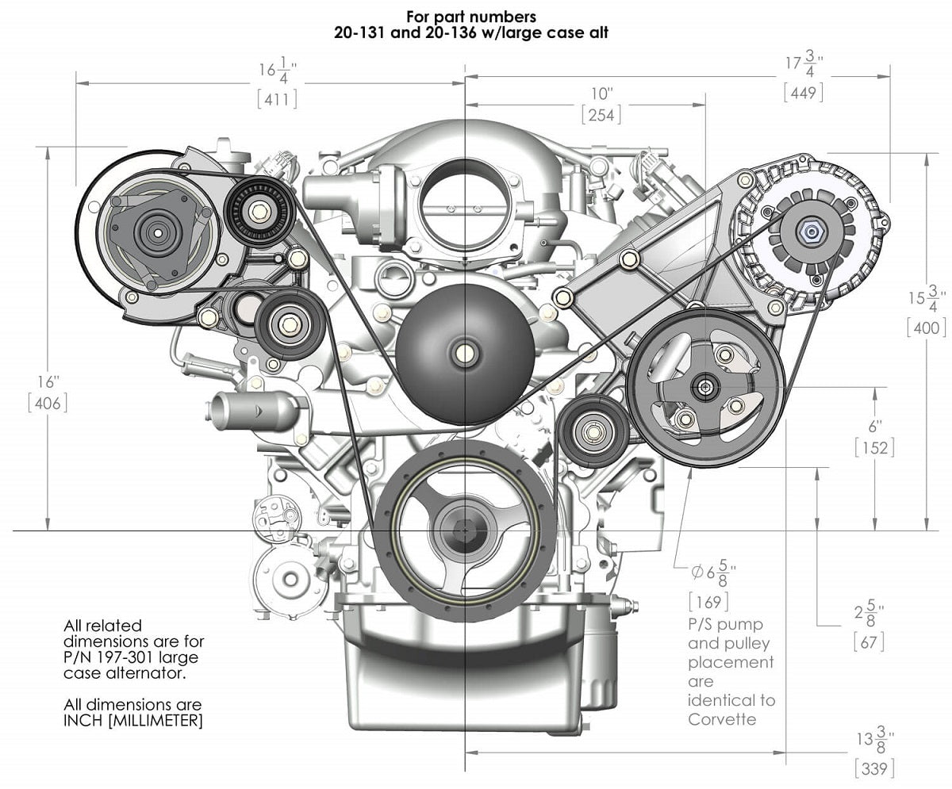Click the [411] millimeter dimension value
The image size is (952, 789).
(x=276, y=99)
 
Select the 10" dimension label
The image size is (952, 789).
(x=601, y=92)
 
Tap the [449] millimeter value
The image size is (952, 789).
(x=803, y=92)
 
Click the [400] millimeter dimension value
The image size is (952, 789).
(x=927, y=327)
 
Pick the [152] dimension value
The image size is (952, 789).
(x=874, y=447)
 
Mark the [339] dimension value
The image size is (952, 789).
(x=875, y=768)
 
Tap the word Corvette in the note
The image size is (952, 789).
(x=721, y=720)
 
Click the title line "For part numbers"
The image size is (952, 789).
(x=470, y=16)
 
